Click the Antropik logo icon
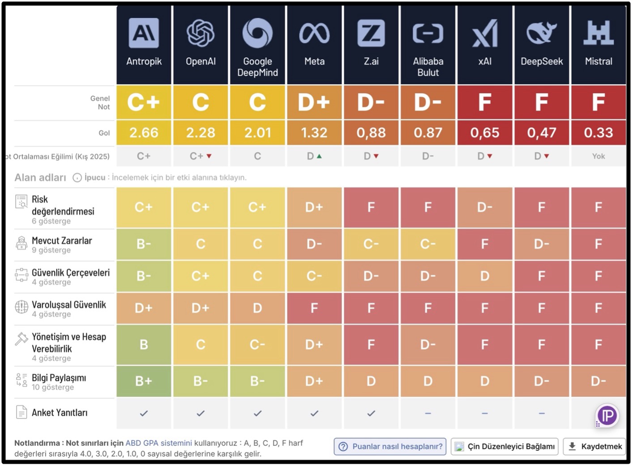pyautogui.click(x=144, y=33)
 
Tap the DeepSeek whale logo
pyautogui.click(x=541, y=33)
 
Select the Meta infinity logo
pyautogui.click(x=314, y=33)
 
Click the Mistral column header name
pyautogui.click(x=599, y=61)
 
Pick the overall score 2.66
pyautogui.click(x=144, y=133)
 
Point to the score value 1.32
pyautogui.click(x=314, y=133)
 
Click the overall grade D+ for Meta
pyautogui.click(x=314, y=102)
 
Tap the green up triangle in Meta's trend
pyautogui.click(x=319, y=156)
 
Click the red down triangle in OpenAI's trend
pyautogui.click(x=209, y=156)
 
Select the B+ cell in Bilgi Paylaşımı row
pyautogui.click(x=144, y=381)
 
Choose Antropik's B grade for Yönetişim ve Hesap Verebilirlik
pyautogui.click(x=144, y=345)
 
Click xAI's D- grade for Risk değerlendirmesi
pyautogui.click(x=485, y=207)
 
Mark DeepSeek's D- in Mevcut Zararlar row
pyautogui.click(x=541, y=244)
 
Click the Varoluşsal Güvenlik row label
pyautogui.click(x=69, y=305)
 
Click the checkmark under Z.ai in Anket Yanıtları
pyautogui.click(x=371, y=414)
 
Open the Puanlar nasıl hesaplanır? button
pyautogui.click(x=390, y=446)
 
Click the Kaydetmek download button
pyautogui.click(x=595, y=446)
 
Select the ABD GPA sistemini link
pyautogui.click(x=158, y=443)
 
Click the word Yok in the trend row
pyautogui.click(x=599, y=156)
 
